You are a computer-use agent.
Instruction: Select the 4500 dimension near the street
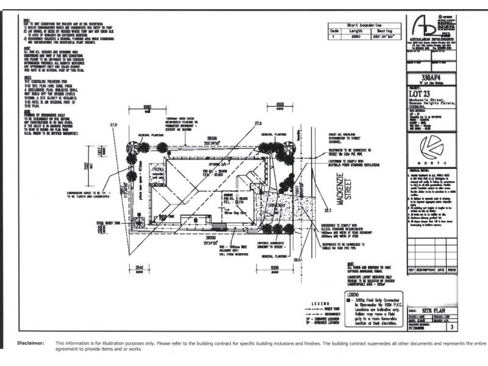click(281, 104)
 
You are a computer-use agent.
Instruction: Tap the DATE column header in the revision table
click(440, 269)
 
